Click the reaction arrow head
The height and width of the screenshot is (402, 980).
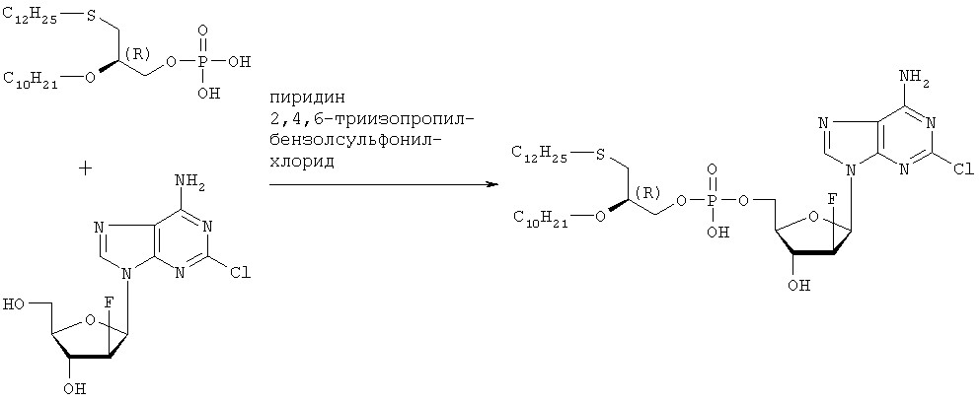[x=492, y=185]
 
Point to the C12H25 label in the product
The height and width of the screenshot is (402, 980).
[x=542, y=154]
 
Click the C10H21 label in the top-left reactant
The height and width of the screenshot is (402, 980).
[x=33, y=79]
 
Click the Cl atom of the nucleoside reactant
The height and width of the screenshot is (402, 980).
[x=241, y=273]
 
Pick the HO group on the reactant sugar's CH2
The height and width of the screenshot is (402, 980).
[x=14, y=305]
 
